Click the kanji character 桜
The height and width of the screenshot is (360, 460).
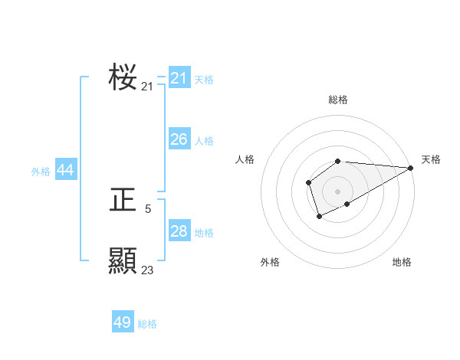[123, 77]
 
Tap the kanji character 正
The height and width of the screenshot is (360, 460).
[123, 201]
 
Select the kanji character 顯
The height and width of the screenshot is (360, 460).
[123, 261]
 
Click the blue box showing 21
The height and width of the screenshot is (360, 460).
[179, 78]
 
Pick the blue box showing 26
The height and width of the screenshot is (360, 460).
[179, 139]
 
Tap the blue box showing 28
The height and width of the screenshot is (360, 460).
[179, 231]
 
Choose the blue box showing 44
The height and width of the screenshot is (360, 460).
[66, 171]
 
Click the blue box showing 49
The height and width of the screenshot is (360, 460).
[123, 322]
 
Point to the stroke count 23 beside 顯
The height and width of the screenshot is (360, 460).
[148, 270]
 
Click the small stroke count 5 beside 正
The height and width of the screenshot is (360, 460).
[148, 208]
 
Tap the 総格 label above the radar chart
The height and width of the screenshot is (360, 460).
[338, 100]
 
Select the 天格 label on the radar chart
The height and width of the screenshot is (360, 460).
[431, 159]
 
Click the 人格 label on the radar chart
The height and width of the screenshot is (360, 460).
[245, 159]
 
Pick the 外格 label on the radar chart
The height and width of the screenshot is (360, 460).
[270, 262]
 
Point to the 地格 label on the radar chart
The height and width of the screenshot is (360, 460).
[402, 262]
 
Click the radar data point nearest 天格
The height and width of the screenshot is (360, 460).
[411, 168]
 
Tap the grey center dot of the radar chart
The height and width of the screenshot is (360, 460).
[337, 191]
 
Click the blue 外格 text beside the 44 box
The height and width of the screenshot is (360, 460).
[41, 172]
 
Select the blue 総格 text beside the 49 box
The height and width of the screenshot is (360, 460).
[147, 324]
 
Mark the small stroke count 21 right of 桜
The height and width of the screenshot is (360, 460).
[148, 87]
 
